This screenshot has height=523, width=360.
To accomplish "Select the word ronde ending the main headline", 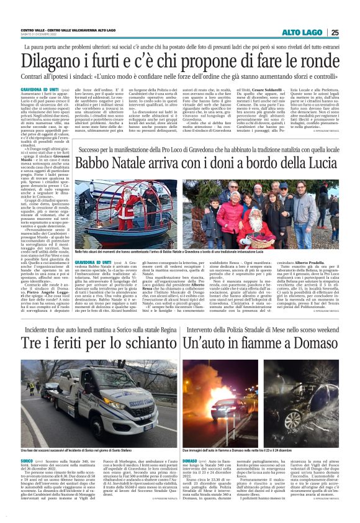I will [x=319, y=61].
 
